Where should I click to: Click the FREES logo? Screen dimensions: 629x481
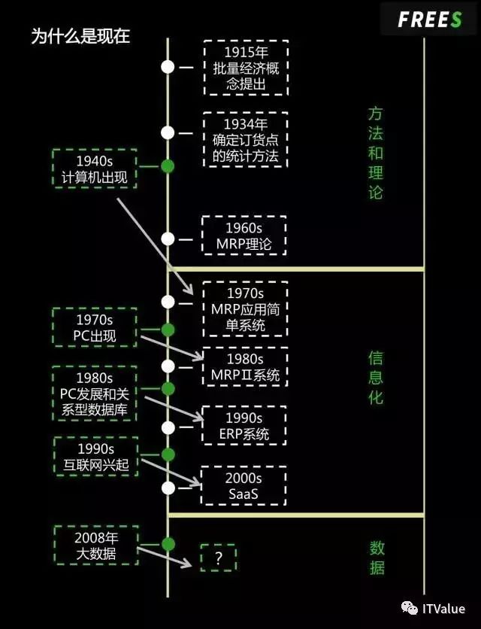(x=429, y=20)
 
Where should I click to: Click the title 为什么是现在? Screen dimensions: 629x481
(x=80, y=37)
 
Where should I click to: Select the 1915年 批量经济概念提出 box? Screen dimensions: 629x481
(x=246, y=68)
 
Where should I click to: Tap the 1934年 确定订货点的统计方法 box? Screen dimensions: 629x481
(x=246, y=140)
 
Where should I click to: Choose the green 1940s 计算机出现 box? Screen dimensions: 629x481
(x=95, y=169)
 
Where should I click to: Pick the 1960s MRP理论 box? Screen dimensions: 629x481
(x=244, y=235)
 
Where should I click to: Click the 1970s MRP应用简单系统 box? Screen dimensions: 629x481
(x=245, y=308)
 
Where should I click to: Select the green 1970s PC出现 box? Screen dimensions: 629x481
(x=95, y=327)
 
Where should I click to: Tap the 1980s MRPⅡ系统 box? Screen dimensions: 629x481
(x=245, y=366)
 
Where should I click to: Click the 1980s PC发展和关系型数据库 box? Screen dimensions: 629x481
(x=95, y=394)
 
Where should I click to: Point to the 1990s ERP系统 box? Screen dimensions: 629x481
(x=244, y=426)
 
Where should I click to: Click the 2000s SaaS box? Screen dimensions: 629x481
(x=244, y=485)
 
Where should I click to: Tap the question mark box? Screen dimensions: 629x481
(x=219, y=558)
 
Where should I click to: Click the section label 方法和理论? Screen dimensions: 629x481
(x=376, y=153)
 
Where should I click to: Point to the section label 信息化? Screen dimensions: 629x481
(x=376, y=377)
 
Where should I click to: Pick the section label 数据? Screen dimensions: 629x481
(x=377, y=557)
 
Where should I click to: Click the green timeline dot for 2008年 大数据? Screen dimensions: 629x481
(x=168, y=544)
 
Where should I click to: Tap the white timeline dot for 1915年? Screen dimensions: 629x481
(x=168, y=66)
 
